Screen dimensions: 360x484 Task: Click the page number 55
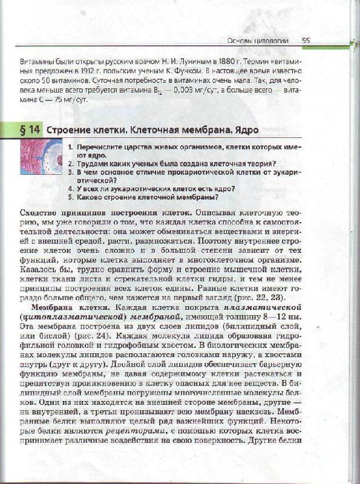[x=306, y=41]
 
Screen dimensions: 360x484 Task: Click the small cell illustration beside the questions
[x=41, y=157]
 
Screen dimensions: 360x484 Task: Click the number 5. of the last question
[x=71, y=197]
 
